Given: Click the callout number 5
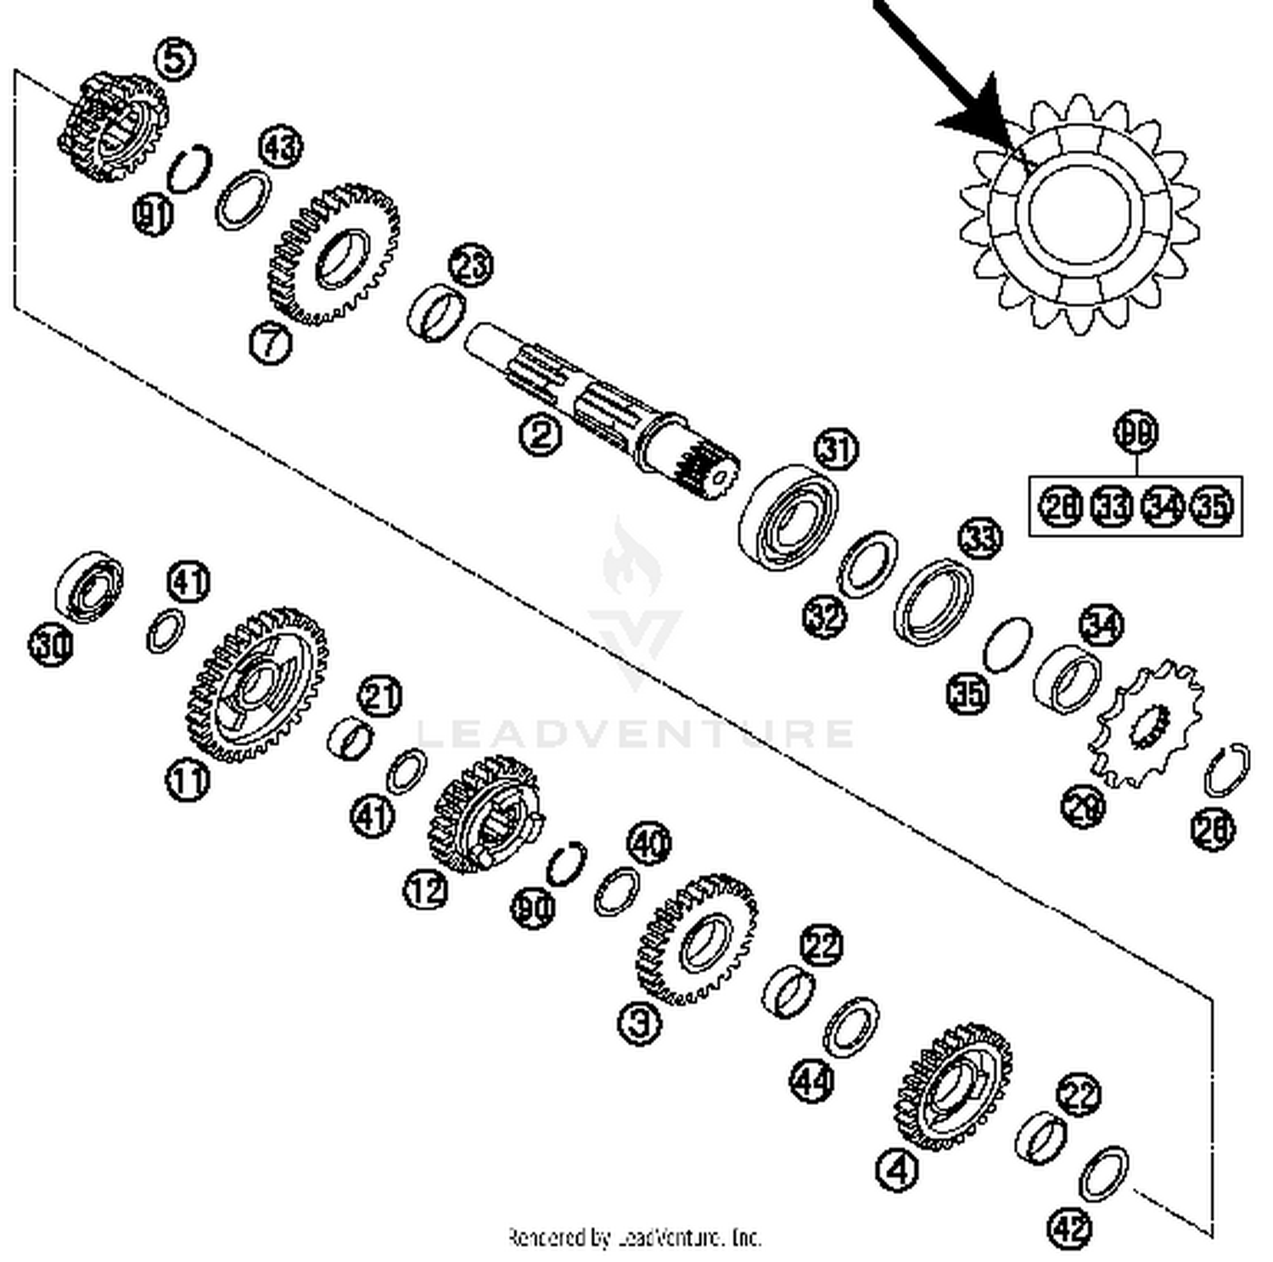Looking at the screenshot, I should coord(174,59).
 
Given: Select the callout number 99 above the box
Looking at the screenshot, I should coord(1136,431).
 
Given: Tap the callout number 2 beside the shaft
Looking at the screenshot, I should coord(541,434).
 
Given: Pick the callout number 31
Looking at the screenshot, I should coord(836,448).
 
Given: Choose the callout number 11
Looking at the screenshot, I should coord(187,779).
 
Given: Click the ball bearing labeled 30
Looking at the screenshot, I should coord(87,584).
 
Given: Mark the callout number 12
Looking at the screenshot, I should coord(425,889).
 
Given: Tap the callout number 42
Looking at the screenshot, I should coord(1070,1226).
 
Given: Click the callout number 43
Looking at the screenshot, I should coord(280,147).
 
